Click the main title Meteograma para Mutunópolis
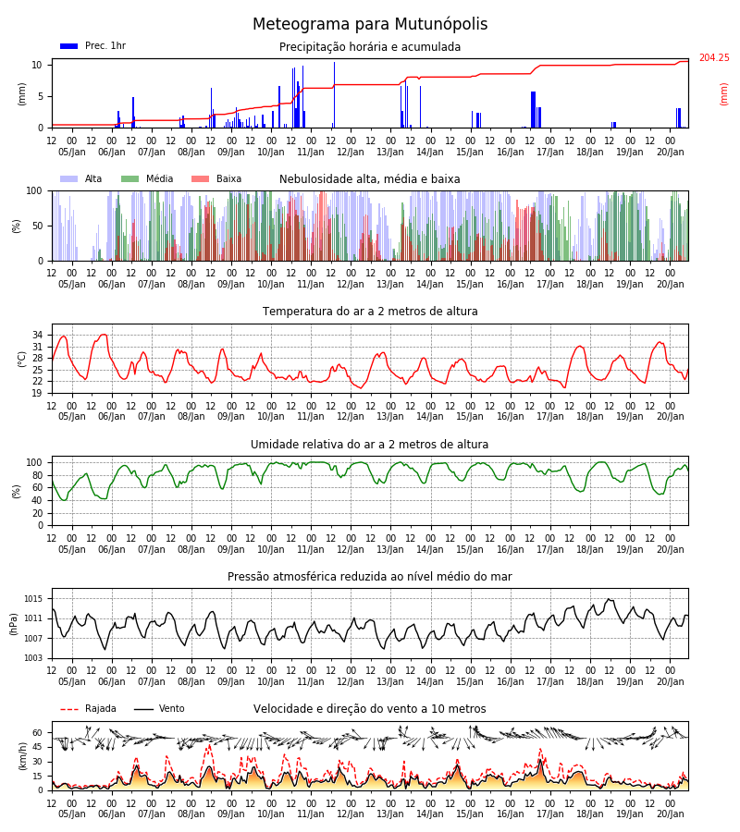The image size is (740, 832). (x=370, y=24)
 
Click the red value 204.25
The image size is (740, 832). (x=714, y=58)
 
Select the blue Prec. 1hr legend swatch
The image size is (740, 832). (x=69, y=46)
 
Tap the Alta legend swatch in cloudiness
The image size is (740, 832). (x=69, y=179)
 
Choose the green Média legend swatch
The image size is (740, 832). (x=130, y=179)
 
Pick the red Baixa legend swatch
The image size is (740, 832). (x=200, y=179)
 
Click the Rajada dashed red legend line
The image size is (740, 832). (x=69, y=709)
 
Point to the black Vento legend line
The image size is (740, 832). (x=143, y=709)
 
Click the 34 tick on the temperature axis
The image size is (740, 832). (x=37, y=335)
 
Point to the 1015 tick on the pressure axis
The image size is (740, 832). (x=33, y=599)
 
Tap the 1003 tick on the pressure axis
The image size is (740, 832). (x=33, y=658)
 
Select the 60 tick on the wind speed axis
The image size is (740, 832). (x=37, y=733)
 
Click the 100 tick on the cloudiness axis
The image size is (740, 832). (x=34, y=190)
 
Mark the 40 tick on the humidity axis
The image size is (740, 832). (x=37, y=500)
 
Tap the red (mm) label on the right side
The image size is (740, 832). (x=723, y=94)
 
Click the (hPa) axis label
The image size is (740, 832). (x=14, y=624)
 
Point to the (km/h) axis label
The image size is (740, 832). (x=22, y=756)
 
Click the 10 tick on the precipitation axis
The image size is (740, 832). (x=37, y=66)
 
